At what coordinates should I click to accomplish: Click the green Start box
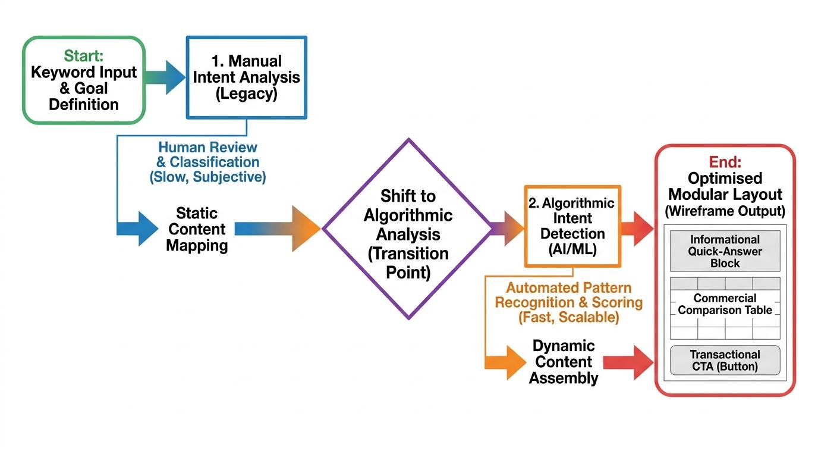84,80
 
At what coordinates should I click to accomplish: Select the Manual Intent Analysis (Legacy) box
246,77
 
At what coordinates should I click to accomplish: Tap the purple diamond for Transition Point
408,229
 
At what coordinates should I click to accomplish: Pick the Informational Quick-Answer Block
725,251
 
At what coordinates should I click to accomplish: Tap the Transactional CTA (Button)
725,360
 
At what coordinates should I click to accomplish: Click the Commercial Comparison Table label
725,304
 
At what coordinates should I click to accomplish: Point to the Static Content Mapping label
197,230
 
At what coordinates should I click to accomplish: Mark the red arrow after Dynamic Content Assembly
629,362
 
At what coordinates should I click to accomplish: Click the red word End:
725,162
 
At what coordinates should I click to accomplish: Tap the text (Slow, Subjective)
208,177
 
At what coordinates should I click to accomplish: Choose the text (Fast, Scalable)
568,317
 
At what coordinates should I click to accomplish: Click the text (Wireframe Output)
725,211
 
